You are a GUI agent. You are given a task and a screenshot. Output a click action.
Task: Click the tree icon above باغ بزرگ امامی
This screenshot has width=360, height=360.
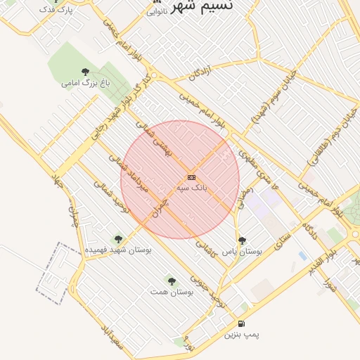point(86,72)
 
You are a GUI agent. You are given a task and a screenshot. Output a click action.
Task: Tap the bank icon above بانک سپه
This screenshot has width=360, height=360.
point(191,178)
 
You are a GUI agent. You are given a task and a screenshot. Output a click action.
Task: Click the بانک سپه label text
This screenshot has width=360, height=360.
point(191,189)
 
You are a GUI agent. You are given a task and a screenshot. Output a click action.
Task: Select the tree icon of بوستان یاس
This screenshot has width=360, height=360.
point(242,240)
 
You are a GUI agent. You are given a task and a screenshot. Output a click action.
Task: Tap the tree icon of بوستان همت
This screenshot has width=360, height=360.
point(170,280)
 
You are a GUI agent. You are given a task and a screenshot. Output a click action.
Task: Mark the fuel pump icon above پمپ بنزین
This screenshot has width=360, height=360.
point(242,323)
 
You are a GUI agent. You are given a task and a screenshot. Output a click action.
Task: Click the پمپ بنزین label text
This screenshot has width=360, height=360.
point(242,335)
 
